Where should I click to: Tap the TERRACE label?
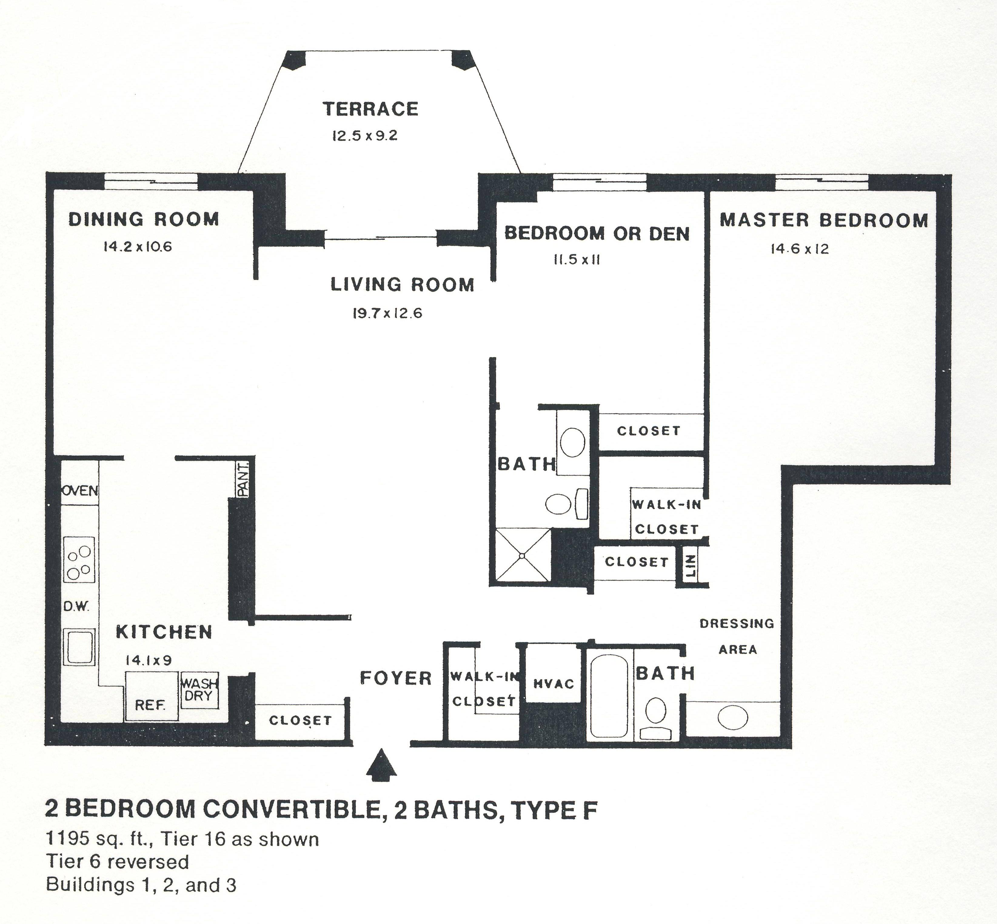(x=370, y=109)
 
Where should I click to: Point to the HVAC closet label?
(x=554, y=683)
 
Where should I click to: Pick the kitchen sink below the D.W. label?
(x=79, y=646)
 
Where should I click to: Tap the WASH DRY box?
(x=199, y=690)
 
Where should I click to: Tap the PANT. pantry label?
(x=243, y=479)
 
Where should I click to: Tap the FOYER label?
(x=396, y=679)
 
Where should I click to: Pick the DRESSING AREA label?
(x=737, y=636)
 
